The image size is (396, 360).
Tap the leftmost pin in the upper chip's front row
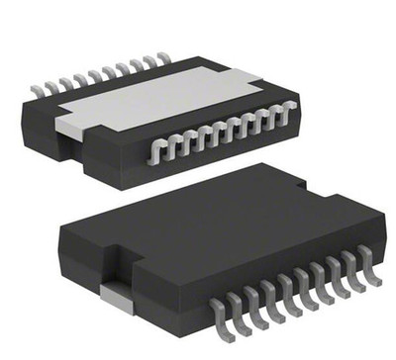point(154,149)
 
